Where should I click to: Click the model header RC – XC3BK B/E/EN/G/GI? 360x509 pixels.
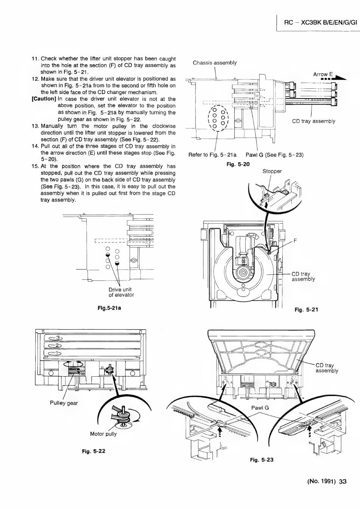point(321,22)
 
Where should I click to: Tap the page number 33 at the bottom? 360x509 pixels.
point(343,482)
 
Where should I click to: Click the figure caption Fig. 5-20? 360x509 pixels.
point(238,164)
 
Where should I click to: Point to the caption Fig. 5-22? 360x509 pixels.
point(94,451)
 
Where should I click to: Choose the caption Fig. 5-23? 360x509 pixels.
point(261,460)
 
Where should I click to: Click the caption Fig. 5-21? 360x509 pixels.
point(306,310)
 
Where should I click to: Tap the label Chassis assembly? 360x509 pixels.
point(214,63)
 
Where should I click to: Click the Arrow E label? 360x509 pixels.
point(322,74)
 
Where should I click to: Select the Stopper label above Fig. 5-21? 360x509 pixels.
point(272,171)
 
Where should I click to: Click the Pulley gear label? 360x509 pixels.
point(64,403)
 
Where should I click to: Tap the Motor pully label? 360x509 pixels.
point(103,434)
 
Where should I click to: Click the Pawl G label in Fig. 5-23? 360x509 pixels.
point(260,408)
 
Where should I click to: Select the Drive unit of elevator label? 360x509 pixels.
point(121,292)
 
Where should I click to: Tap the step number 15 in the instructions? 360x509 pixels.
point(35,166)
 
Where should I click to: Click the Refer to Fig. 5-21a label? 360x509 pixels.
point(212,155)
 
